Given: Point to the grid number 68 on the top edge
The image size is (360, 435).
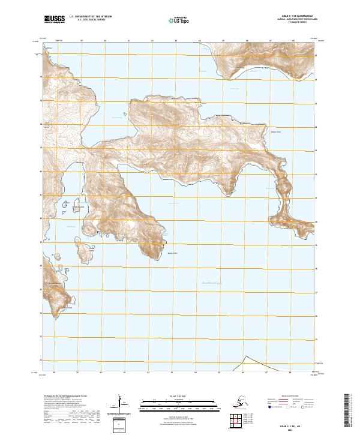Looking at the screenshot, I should tap(292, 40).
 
